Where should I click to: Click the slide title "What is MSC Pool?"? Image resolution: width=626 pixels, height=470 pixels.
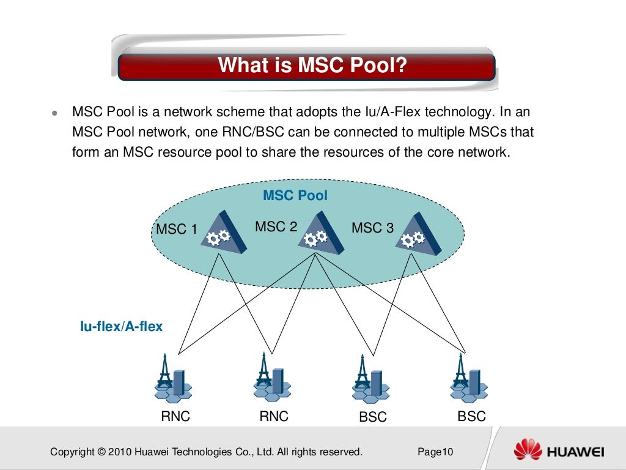(x=312, y=65)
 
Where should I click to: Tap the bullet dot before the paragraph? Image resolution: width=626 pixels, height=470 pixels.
(x=54, y=114)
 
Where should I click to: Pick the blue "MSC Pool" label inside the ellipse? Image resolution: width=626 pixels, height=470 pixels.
(x=295, y=196)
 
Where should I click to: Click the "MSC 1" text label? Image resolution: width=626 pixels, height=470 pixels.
(x=177, y=229)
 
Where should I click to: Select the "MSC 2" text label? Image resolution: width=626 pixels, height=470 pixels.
(x=276, y=227)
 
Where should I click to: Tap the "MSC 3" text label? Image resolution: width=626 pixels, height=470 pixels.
(x=372, y=228)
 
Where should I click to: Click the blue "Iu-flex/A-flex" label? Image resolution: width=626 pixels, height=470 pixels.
(x=122, y=327)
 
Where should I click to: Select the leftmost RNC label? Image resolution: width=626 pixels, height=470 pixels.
(x=175, y=417)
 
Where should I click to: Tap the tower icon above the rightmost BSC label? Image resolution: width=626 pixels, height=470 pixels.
(x=468, y=379)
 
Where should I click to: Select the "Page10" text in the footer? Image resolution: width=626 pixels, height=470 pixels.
(x=435, y=452)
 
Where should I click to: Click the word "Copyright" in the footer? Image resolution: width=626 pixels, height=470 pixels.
(x=72, y=452)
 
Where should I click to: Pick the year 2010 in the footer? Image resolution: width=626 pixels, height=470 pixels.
(x=119, y=452)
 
